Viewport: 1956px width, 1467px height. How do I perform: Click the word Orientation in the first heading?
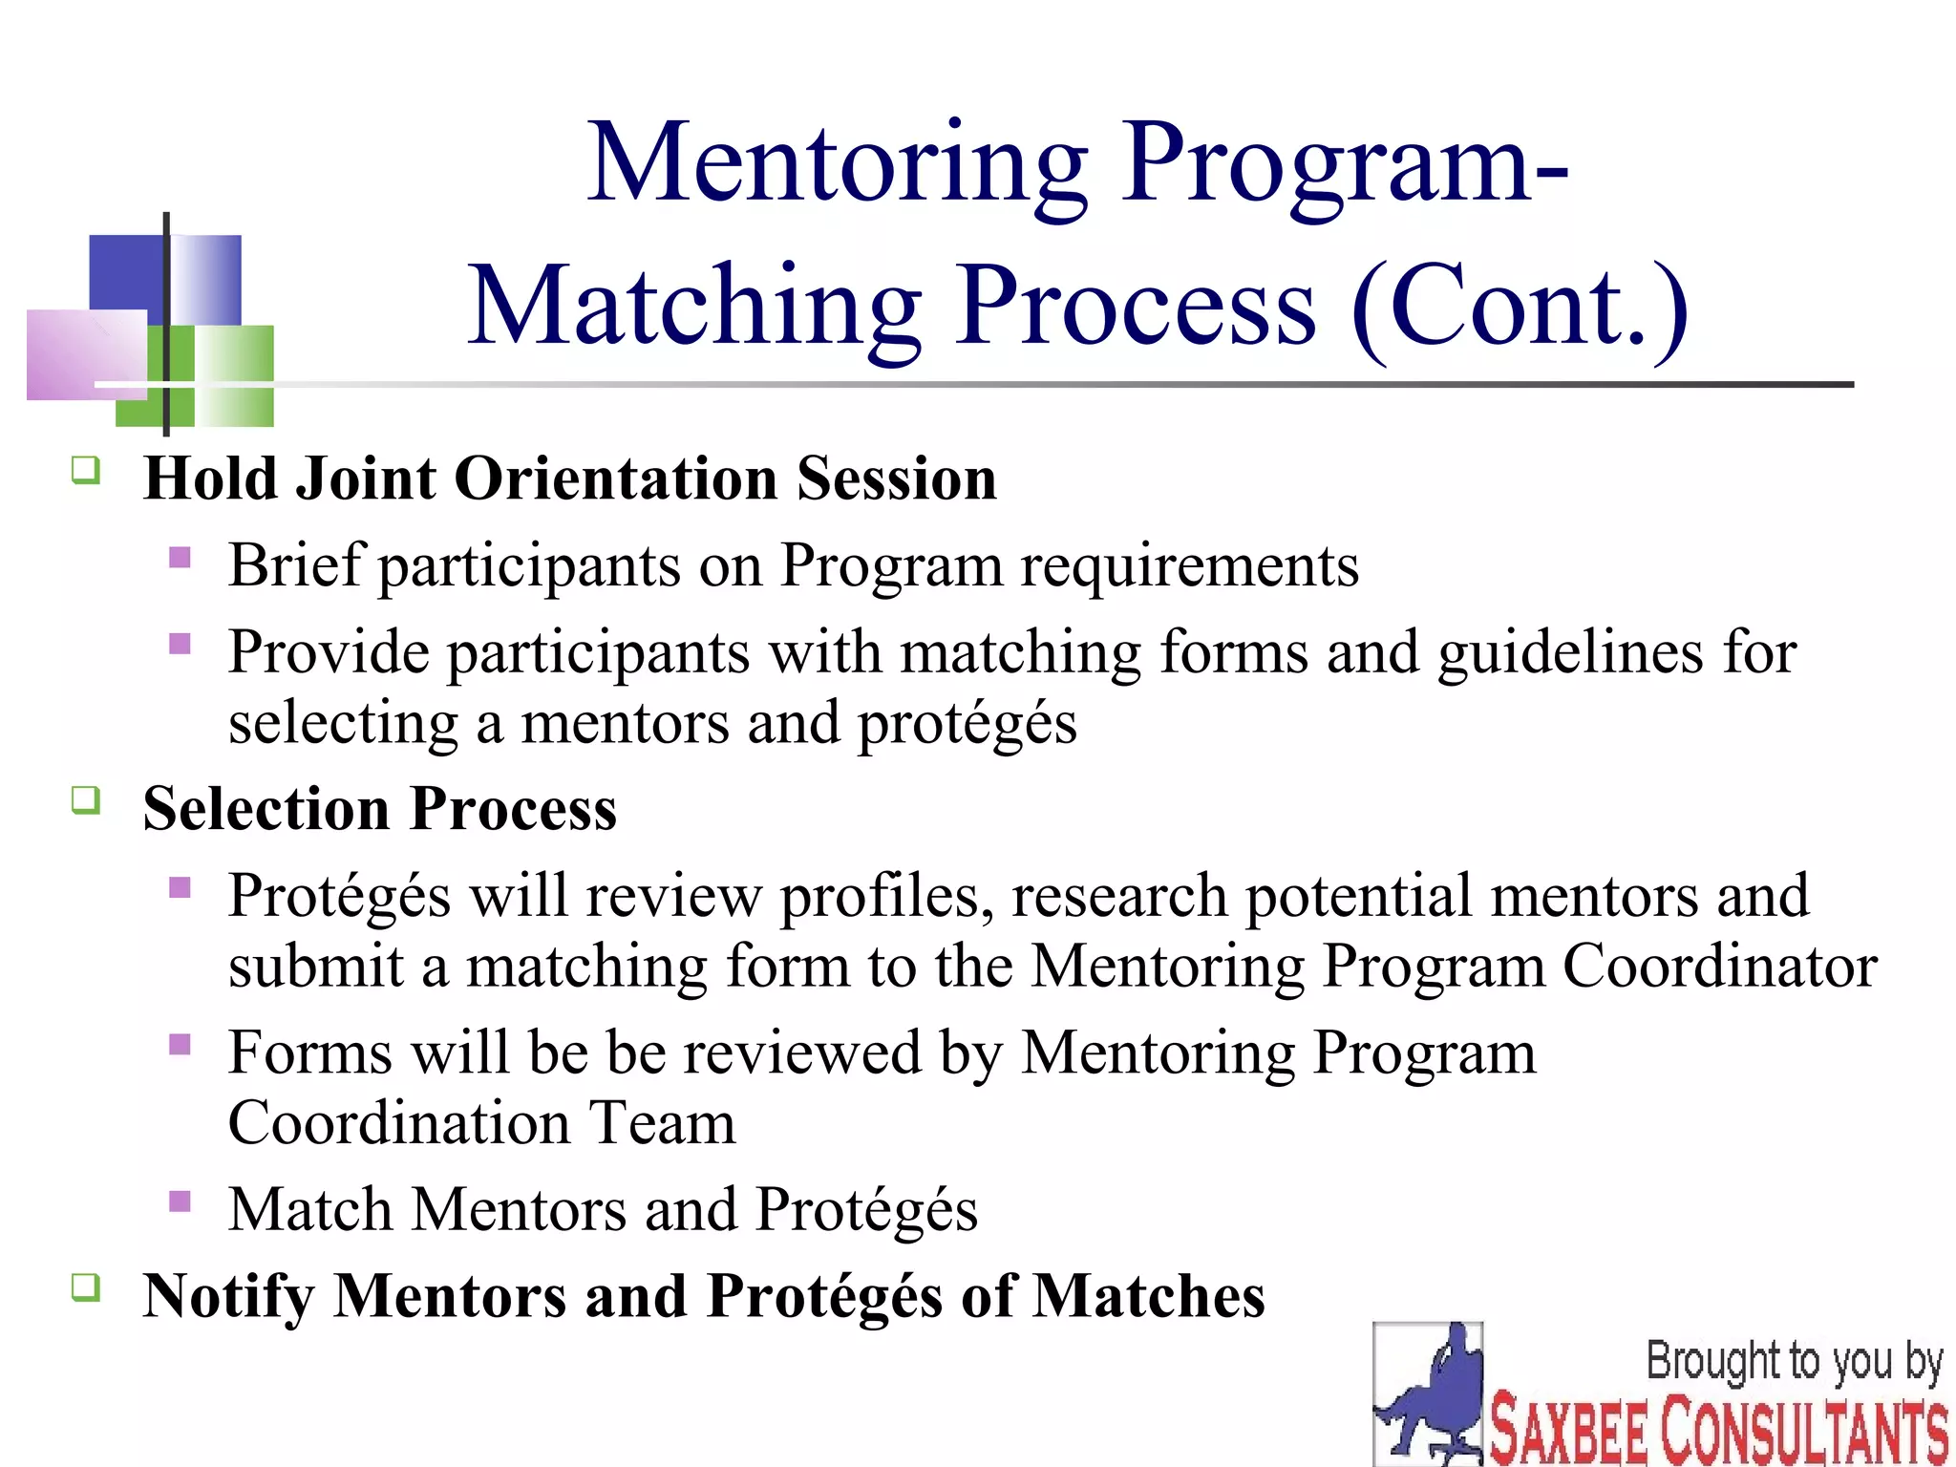(616, 478)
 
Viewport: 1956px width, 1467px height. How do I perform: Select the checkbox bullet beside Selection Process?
(86, 799)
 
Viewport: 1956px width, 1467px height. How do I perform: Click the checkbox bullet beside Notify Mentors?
(86, 1287)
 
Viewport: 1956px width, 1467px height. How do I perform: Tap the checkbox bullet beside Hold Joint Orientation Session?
(86, 470)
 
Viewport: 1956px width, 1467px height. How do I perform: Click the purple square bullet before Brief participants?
(180, 557)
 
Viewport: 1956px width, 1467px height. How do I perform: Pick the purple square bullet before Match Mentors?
(180, 1201)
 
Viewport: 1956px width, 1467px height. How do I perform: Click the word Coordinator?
(1719, 967)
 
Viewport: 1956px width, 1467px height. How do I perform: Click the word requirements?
(1189, 566)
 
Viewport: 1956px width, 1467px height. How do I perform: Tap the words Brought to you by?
(1794, 1362)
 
